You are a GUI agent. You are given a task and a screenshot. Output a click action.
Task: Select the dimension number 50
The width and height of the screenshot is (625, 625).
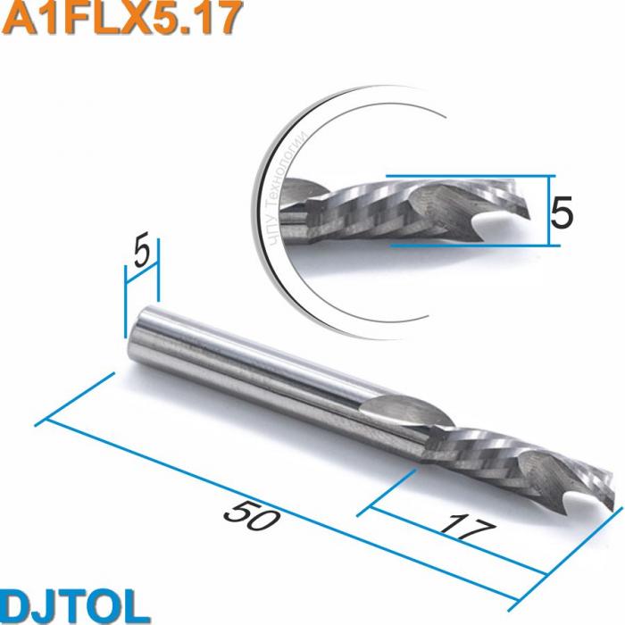point(248,515)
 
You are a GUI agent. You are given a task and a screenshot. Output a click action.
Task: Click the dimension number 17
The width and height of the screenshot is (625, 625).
point(467,526)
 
